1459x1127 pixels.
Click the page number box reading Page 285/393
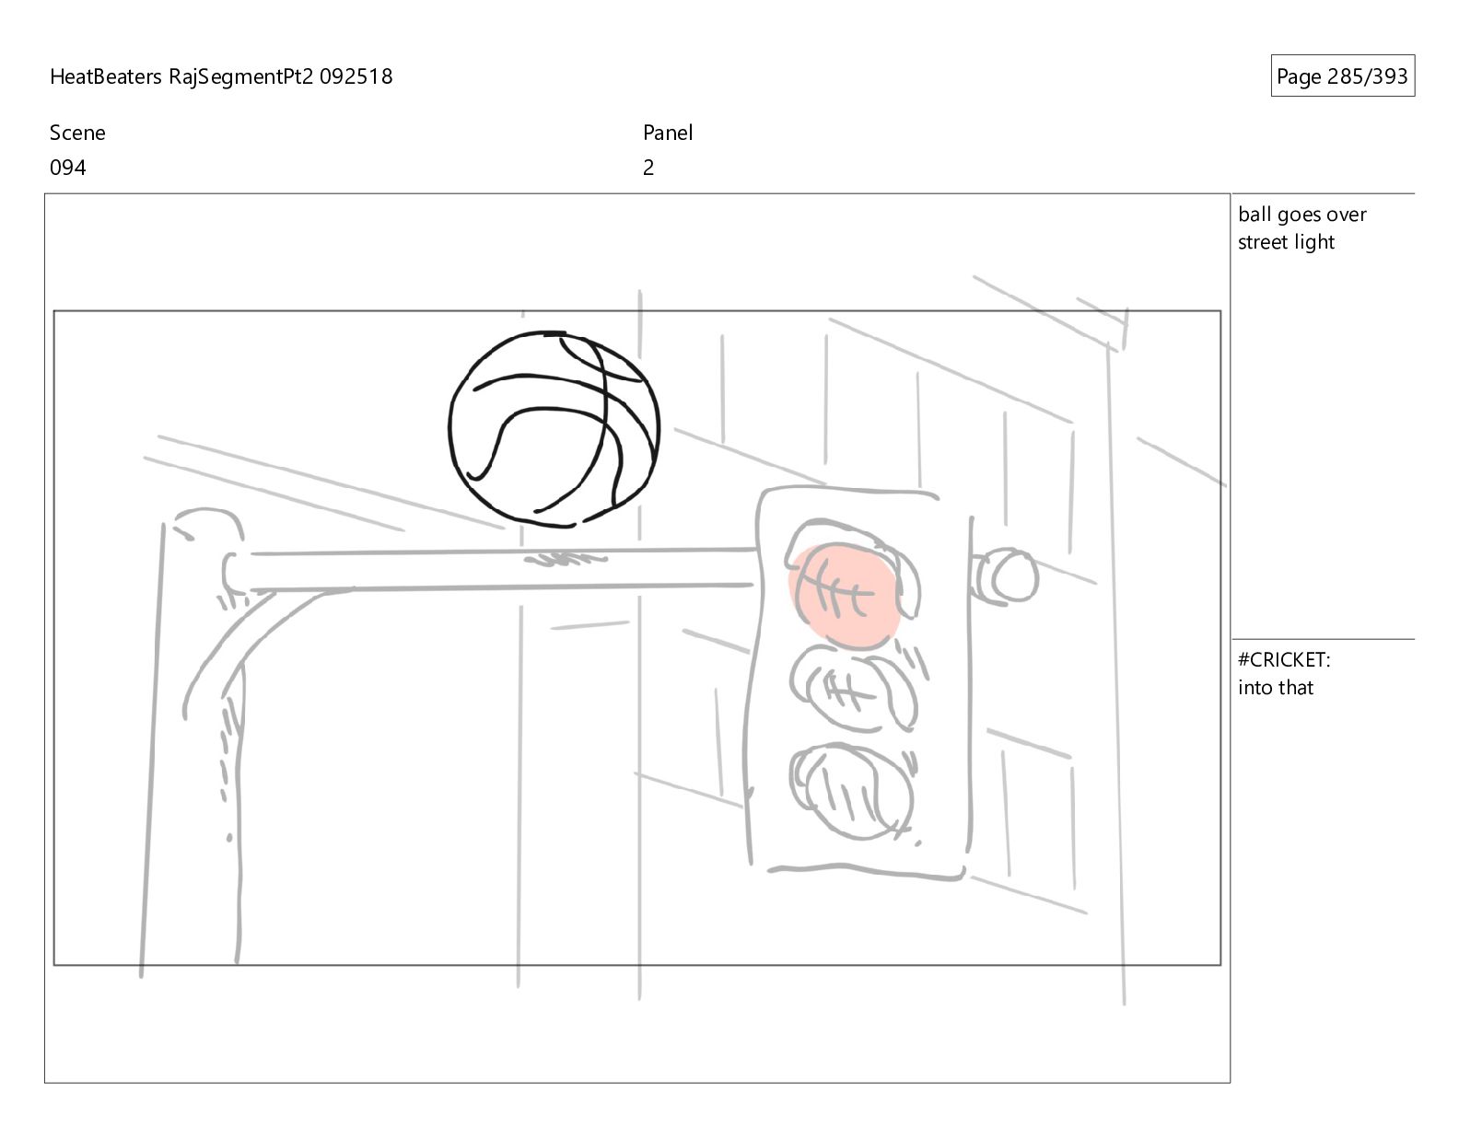(x=1342, y=76)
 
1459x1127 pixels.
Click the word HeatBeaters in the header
(x=106, y=76)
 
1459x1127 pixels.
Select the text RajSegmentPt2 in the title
(x=241, y=77)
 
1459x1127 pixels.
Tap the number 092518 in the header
(x=356, y=76)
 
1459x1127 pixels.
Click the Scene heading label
(x=77, y=133)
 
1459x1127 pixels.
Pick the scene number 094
(x=68, y=168)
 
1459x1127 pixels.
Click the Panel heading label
(x=668, y=133)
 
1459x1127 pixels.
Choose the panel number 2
(x=648, y=168)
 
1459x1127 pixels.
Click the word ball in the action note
(x=1255, y=215)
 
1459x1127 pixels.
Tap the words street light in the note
(x=1286, y=241)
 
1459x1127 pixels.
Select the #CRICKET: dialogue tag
(x=1284, y=660)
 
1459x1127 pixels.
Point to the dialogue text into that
(x=1276, y=688)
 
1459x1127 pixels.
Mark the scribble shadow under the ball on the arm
(x=566, y=559)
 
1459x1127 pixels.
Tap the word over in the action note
(x=1346, y=215)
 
